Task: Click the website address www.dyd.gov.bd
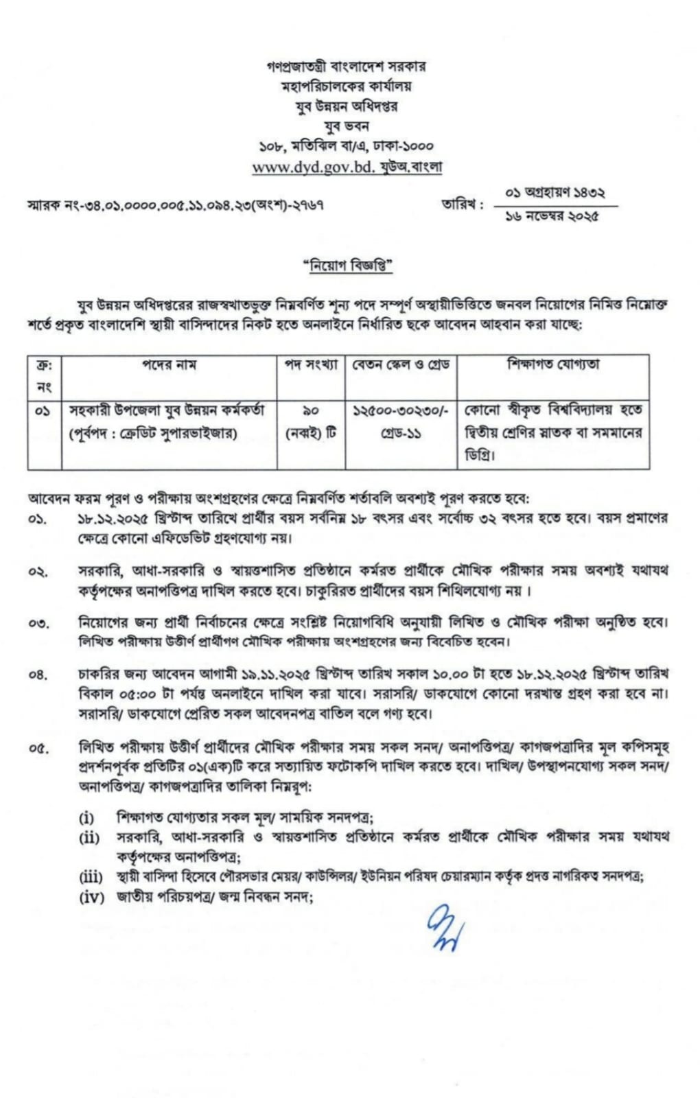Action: (314, 167)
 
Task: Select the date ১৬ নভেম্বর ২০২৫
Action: (552, 215)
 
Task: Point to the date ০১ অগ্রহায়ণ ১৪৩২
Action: (555, 193)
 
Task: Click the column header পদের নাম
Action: (169, 365)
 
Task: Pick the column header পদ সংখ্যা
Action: (311, 365)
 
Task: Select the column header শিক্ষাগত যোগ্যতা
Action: (553, 365)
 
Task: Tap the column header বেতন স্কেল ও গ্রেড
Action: (401, 365)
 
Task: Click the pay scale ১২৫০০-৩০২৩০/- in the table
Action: (401, 410)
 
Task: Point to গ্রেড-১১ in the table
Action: (401, 434)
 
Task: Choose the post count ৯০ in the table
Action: (311, 410)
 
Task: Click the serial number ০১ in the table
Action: (43, 411)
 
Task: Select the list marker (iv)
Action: (91, 896)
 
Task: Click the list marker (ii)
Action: (89, 837)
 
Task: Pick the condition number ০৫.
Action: (38, 748)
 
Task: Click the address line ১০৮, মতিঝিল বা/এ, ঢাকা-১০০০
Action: (346, 145)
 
